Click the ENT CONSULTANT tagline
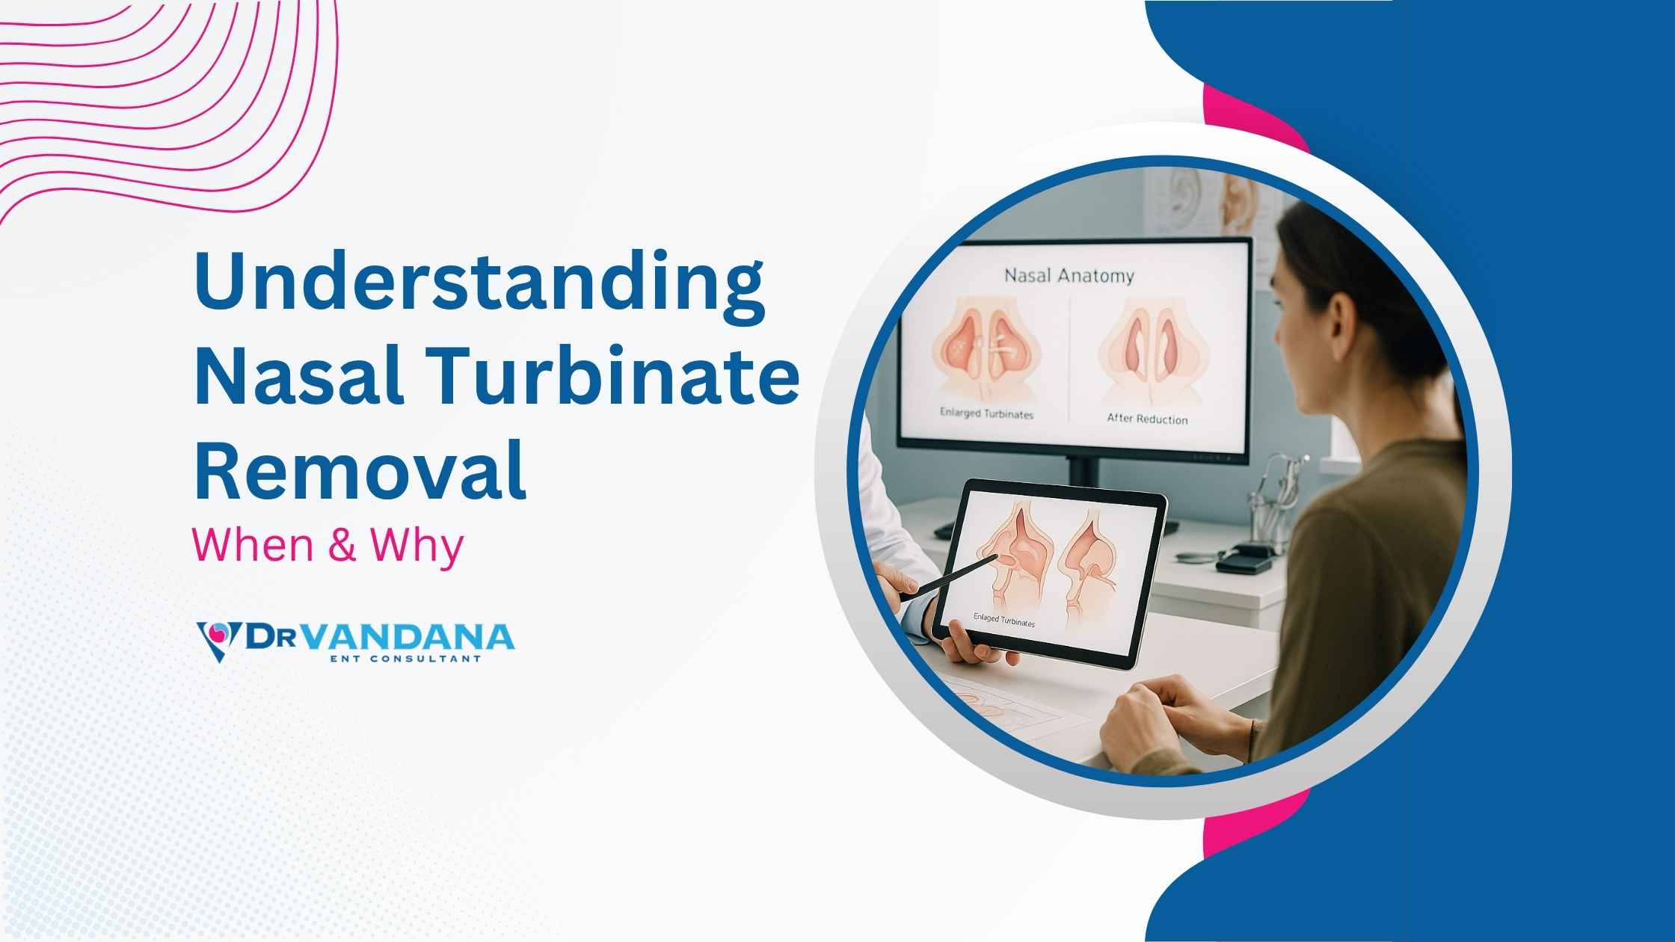(405, 659)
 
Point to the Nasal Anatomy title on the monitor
(1069, 276)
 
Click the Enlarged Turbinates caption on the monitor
(986, 413)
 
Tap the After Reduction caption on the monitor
(1147, 419)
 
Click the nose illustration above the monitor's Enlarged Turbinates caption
(986, 351)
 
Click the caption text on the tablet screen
(1004, 620)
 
